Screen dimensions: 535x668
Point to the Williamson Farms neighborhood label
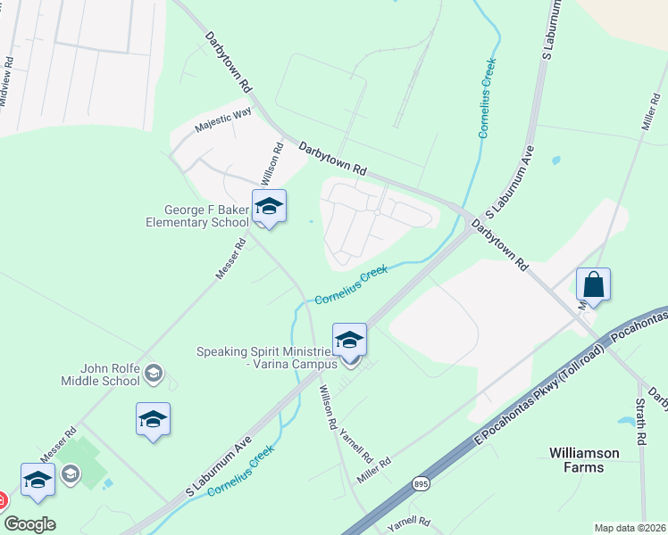coord(585,460)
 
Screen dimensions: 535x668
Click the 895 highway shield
coord(421,482)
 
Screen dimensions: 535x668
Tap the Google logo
coord(29,523)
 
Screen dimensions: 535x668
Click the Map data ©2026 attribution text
coord(630,528)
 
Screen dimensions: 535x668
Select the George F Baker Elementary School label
coord(197,216)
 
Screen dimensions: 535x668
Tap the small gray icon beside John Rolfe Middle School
coord(154,372)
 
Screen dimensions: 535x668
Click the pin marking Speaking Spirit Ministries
coord(349,342)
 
